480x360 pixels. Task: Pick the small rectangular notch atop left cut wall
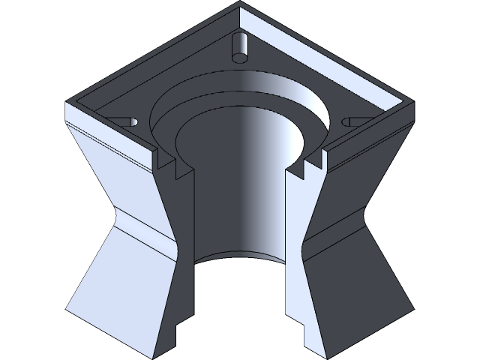(x=178, y=169)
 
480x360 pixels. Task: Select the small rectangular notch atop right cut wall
(x=305, y=169)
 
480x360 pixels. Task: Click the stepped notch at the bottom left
(x=176, y=328)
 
